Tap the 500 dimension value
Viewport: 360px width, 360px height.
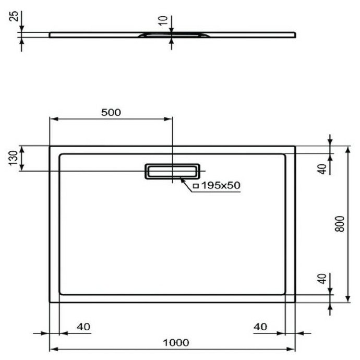(x=111, y=112)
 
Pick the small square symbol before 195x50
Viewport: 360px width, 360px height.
(x=195, y=186)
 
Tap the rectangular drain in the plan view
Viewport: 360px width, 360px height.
(x=172, y=171)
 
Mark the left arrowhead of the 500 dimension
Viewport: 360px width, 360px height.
(x=53, y=119)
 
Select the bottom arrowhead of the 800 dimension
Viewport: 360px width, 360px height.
(x=347, y=298)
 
